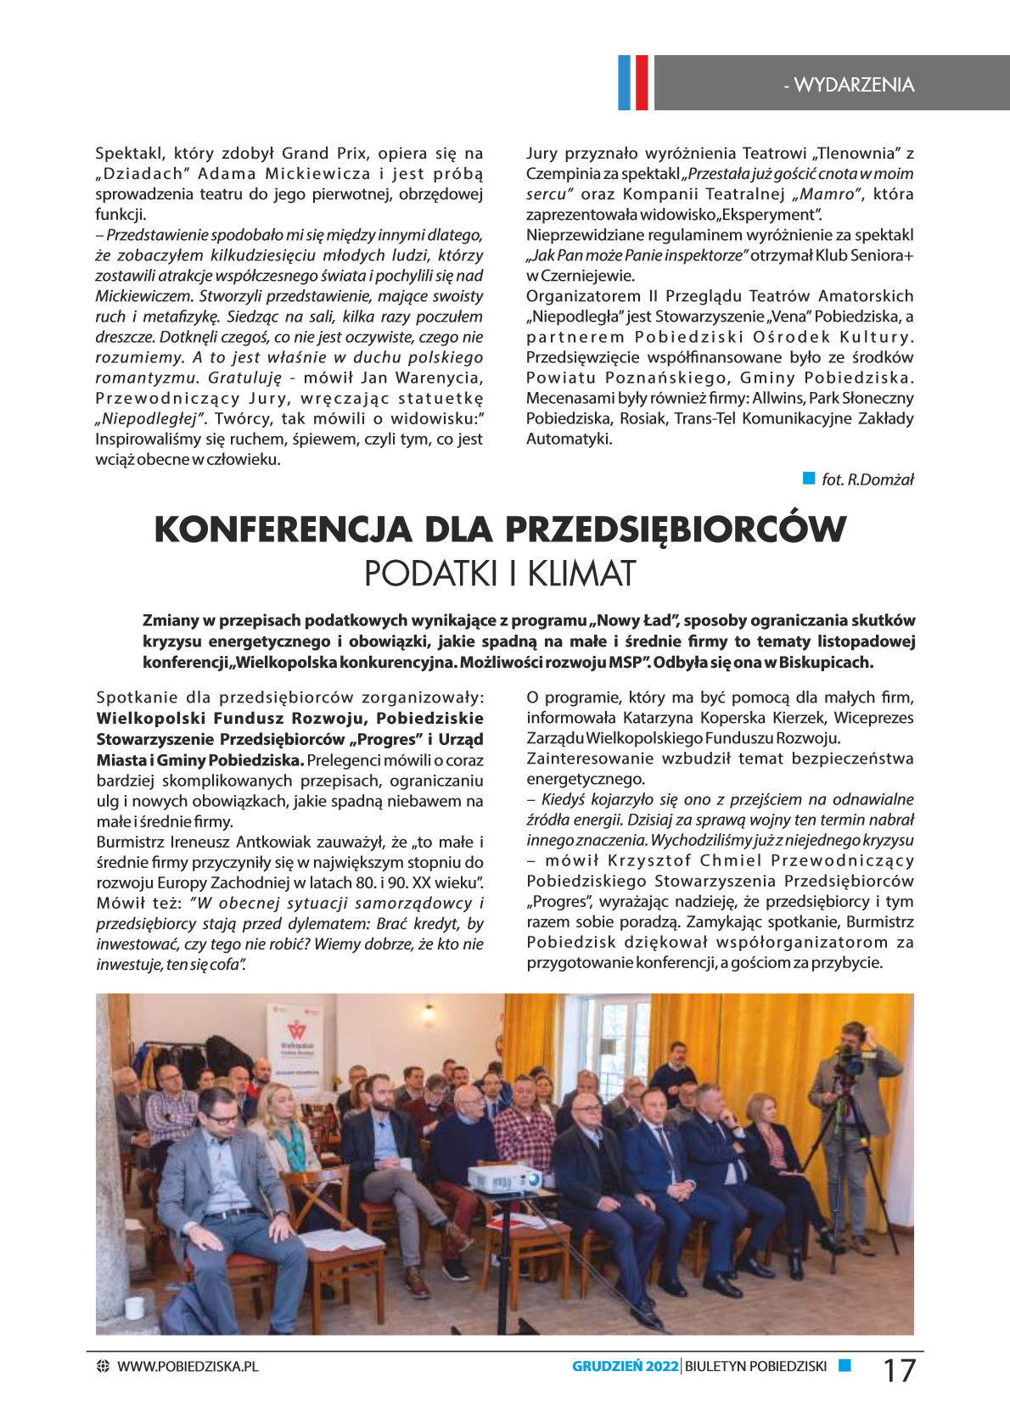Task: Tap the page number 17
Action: click(x=900, y=1370)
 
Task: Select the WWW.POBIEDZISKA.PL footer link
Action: click(x=188, y=1366)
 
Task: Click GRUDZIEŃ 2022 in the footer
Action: click(x=625, y=1366)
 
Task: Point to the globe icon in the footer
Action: click(x=103, y=1366)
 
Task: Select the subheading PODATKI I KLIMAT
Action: click(x=499, y=574)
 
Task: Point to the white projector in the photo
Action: click(x=505, y=1178)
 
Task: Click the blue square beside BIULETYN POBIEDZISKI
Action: click(x=844, y=1365)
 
